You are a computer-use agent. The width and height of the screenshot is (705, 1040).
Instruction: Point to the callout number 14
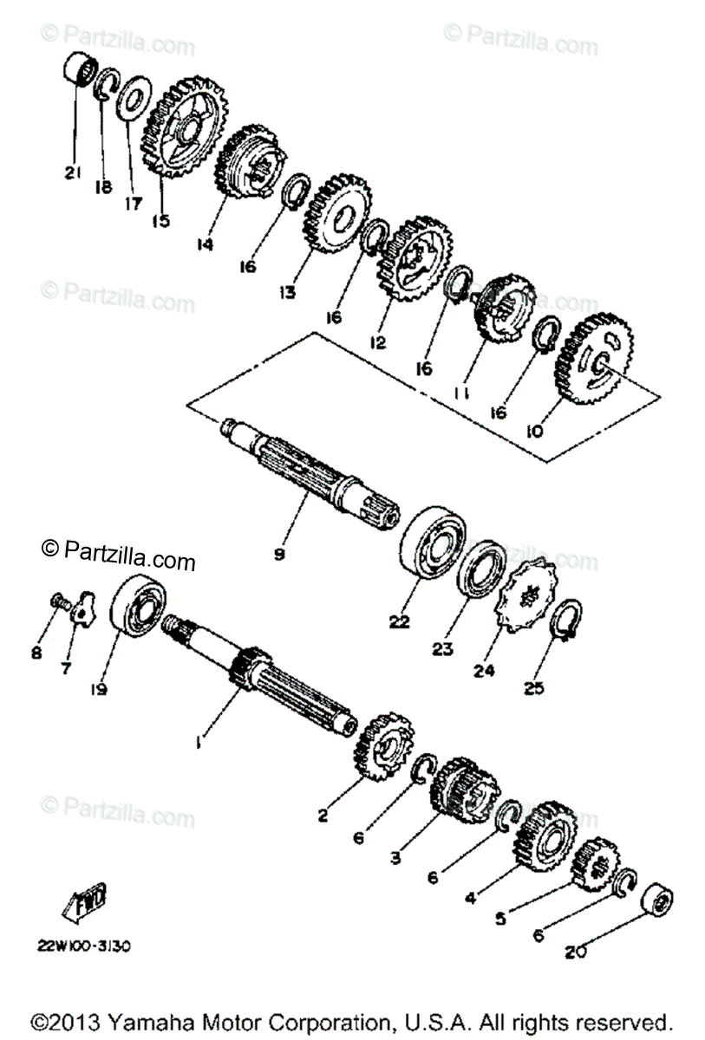(x=204, y=245)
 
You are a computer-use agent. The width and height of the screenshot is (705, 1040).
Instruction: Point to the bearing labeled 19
(x=139, y=612)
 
